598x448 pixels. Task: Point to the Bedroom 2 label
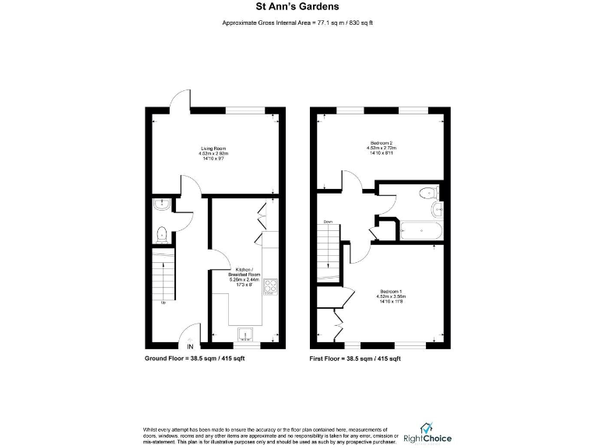382,146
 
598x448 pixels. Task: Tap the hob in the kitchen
270,287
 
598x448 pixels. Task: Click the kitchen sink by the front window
248,334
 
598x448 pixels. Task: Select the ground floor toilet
160,233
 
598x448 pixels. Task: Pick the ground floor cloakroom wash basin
160,205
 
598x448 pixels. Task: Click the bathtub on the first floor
420,230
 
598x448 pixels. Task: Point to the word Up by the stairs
163,303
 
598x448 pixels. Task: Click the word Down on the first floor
329,222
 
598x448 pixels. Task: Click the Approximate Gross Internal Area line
297,24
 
